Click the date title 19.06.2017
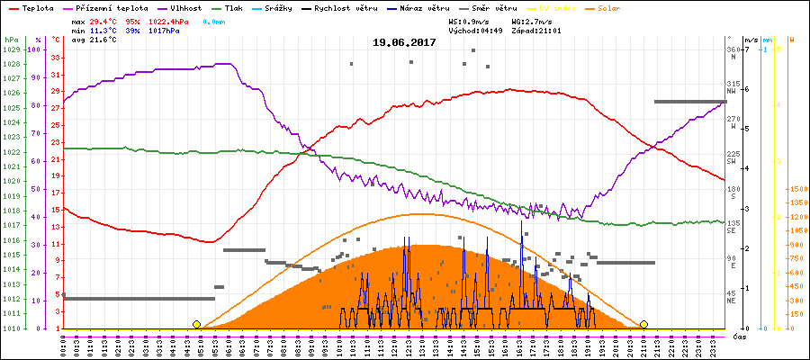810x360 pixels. (405, 42)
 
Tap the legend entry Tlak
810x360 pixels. (232, 7)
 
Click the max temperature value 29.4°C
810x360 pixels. (102, 20)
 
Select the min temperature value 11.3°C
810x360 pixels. (102, 30)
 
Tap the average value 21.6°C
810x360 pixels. (102, 40)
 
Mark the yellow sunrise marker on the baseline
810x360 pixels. (196, 324)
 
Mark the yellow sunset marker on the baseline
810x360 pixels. (643, 324)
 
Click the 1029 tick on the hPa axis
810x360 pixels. (11, 49)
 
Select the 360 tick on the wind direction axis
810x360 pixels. (732, 49)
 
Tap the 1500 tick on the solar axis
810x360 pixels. (796, 190)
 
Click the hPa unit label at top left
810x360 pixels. (10, 40)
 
